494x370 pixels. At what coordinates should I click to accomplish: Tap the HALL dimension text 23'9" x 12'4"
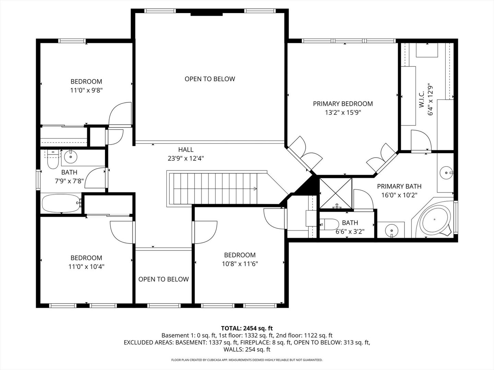(x=186, y=158)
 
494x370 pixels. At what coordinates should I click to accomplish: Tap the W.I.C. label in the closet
(x=422, y=99)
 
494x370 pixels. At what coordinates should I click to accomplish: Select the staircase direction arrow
(x=255, y=188)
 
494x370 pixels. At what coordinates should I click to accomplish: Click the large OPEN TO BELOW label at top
(x=210, y=79)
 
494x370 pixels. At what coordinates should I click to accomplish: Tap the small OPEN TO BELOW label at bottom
(x=163, y=279)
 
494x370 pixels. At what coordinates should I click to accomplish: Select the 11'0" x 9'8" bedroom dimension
(x=86, y=90)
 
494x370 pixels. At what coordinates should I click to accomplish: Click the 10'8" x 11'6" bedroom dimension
(x=239, y=264)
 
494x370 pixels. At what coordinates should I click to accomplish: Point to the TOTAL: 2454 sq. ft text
(x=247, y=328)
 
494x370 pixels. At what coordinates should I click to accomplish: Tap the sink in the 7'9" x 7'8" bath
(x=71, y=157)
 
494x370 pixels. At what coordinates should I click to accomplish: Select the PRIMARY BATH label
(x=399, y=186)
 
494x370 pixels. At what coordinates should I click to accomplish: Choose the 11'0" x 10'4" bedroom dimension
(x=86, y=267)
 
